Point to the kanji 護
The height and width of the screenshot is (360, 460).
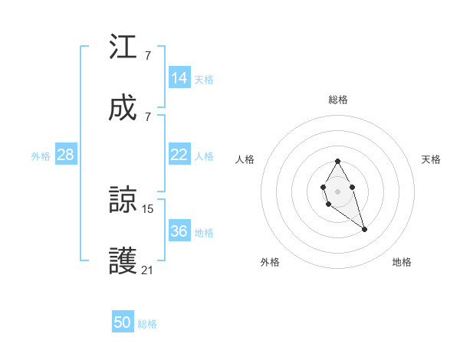click(123, 260)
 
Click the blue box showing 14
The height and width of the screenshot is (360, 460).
click(179, 77)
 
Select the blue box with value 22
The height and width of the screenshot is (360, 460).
click(179, 155)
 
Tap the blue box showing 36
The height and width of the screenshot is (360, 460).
click(179, 231)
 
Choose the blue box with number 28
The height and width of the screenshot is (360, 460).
click(66, 155)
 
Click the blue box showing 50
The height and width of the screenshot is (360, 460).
click(123, 322)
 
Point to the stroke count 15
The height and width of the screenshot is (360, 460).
click(148, 208)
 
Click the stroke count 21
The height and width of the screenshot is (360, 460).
click(148, 270)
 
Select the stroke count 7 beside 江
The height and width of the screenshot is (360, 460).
click(147, 55)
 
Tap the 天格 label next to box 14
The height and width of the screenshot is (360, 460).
click(204, 79)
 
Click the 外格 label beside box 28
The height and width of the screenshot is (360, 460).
click(41, 156)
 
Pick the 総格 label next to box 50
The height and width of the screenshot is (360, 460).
click(147, 324)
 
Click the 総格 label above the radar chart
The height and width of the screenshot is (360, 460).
click(338, 100)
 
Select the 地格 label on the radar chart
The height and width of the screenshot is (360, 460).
click(402, 262)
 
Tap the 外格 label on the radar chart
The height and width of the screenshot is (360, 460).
click(270, 262)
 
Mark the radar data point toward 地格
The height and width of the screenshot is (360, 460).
click(365, 229)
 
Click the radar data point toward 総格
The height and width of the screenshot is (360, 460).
click(337, 162)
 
